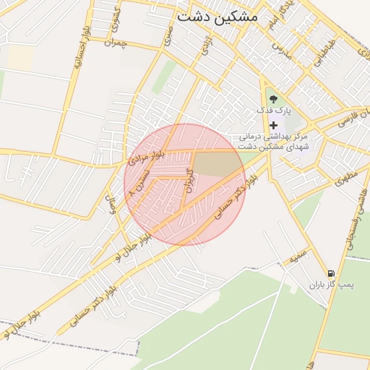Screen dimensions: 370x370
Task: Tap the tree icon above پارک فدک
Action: (272, 99)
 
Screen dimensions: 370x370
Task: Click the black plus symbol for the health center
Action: (273, 125)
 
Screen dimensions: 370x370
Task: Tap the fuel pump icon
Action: (331, 273)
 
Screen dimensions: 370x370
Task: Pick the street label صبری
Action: (167, 35)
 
